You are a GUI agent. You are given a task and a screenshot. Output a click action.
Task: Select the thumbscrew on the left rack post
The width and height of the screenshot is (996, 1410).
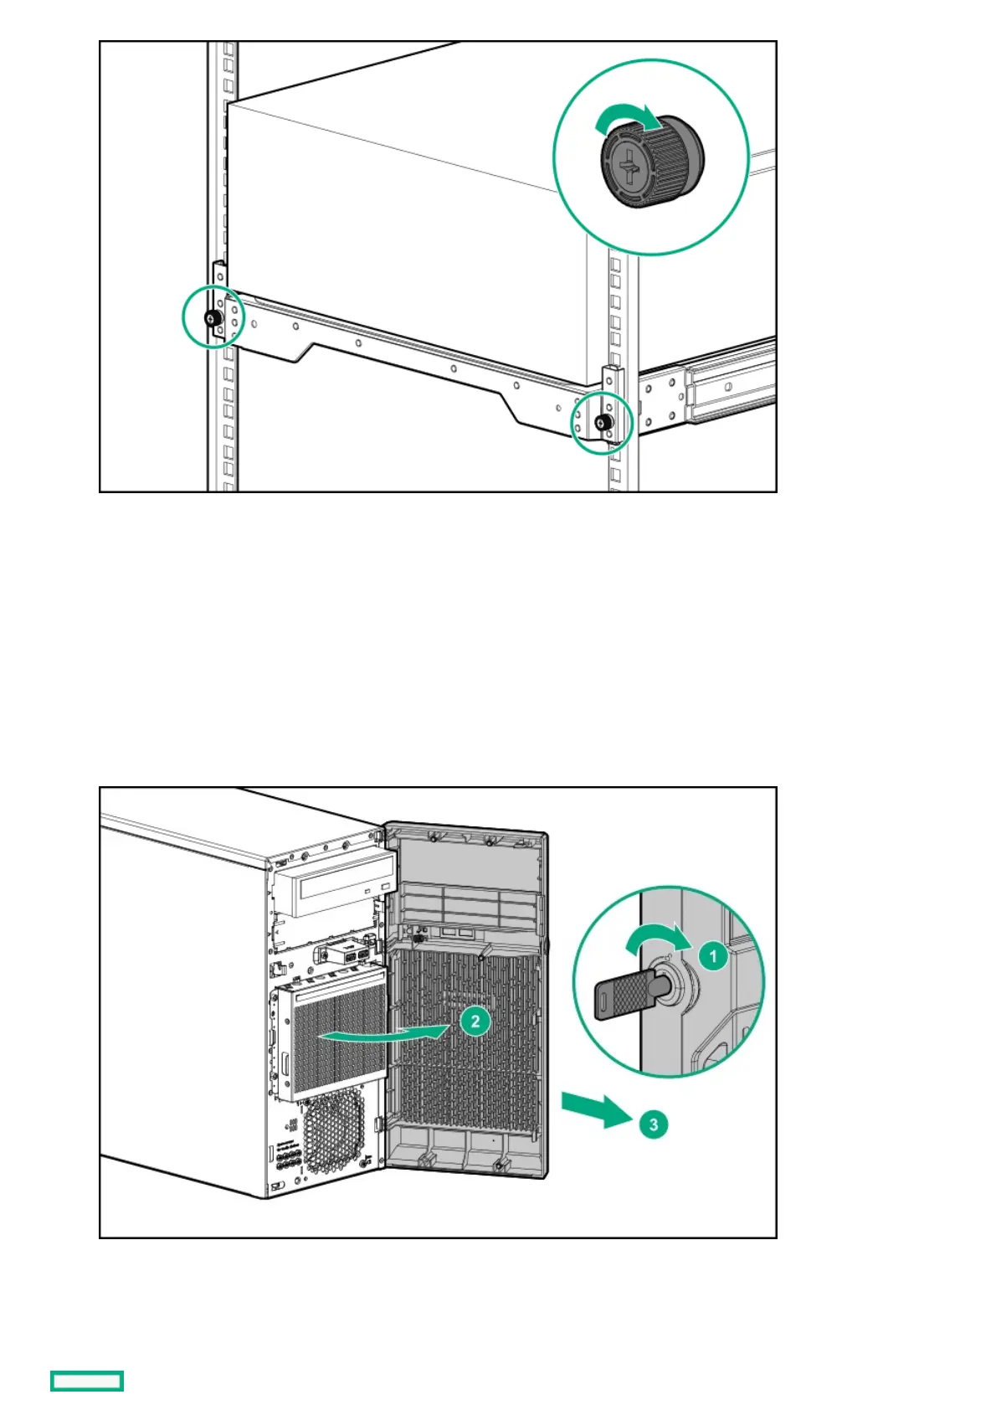[210, 317]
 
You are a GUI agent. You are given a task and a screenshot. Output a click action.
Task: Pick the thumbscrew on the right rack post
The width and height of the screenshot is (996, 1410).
[602, 423]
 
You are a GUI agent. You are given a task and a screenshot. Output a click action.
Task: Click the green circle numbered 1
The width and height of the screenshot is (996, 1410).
[712, 955]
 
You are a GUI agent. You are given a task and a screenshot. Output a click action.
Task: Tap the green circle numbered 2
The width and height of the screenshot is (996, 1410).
[475, 1021]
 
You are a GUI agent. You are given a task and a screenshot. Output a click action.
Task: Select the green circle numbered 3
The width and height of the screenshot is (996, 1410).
[654, 1124]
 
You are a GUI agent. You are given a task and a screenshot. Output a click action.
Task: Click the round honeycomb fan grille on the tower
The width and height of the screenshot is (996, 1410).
[332, 1132]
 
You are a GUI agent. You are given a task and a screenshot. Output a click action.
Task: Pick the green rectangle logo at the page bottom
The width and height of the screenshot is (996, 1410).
[87, 1381]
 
